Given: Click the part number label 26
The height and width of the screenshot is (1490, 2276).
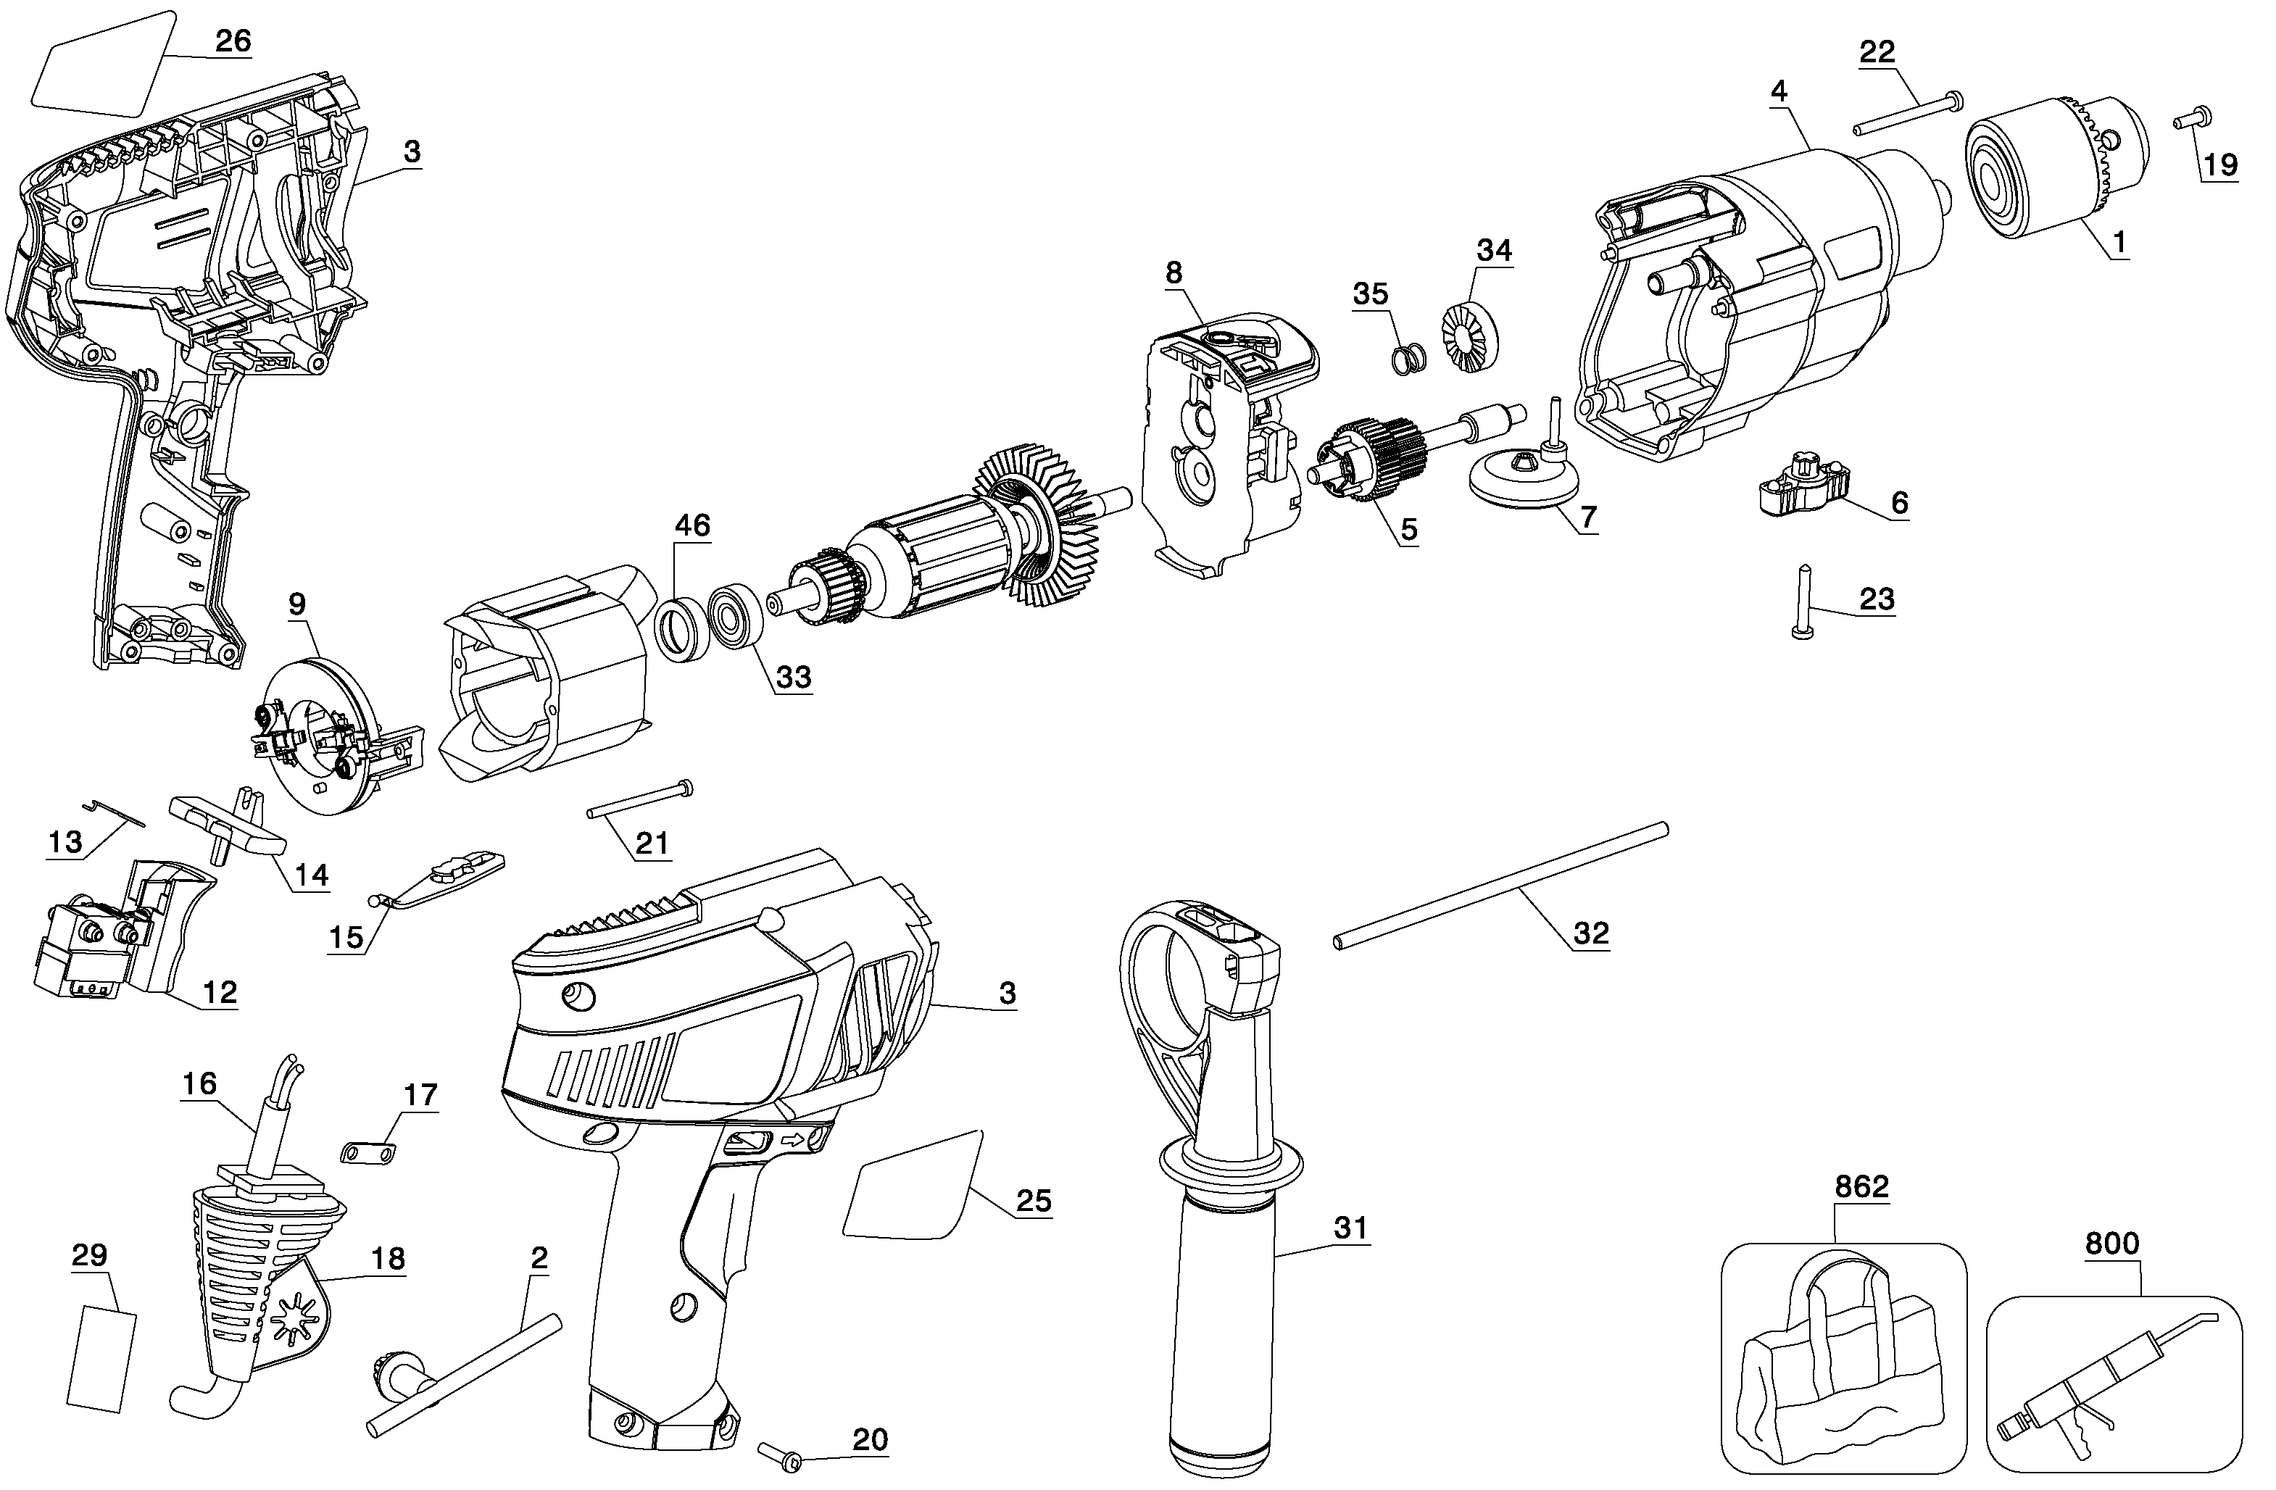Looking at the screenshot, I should coord(233,41).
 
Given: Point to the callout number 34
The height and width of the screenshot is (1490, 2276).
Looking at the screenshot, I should coord(1495,251).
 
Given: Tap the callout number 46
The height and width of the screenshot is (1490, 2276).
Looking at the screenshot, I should coord(692,525).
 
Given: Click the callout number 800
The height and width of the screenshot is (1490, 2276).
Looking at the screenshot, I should coord(2111,1244).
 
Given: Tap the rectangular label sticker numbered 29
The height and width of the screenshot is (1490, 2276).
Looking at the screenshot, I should coord(101,1359).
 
